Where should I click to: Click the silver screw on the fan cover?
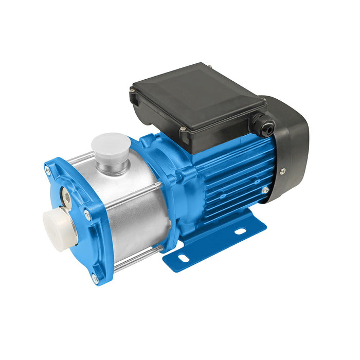coord(282,171)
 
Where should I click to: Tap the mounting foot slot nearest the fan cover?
coord(240,232)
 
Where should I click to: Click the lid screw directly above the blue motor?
coord(182,128)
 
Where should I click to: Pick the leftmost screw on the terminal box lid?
coord(133,91)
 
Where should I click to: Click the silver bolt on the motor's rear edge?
coord(265,190)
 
